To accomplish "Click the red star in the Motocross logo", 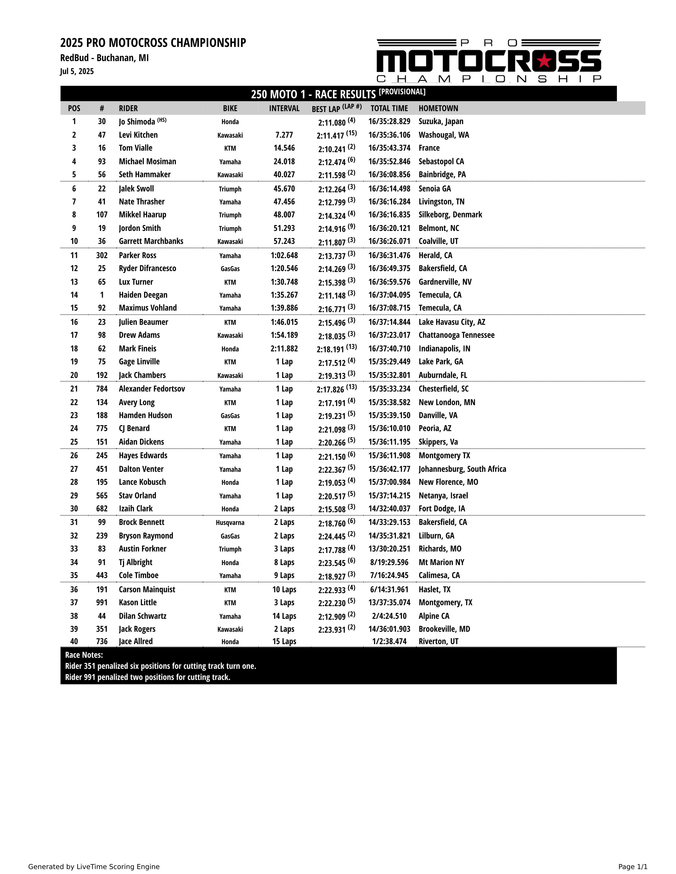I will click(545, 61).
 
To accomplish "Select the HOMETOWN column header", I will click(438, 108).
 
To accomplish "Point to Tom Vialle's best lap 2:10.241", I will click(332, 149).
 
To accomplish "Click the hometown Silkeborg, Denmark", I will click(450, 215).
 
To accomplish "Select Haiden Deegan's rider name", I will click(143, 295).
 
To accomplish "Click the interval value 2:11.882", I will click(284, 349).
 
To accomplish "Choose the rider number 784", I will click(102, 389).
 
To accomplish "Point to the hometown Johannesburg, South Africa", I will click(462, 469).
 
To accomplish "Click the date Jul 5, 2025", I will click(77, 71).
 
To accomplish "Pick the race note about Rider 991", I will click(147, 677).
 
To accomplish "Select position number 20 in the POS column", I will click(74, 375).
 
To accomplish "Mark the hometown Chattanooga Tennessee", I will click(456, 335).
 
